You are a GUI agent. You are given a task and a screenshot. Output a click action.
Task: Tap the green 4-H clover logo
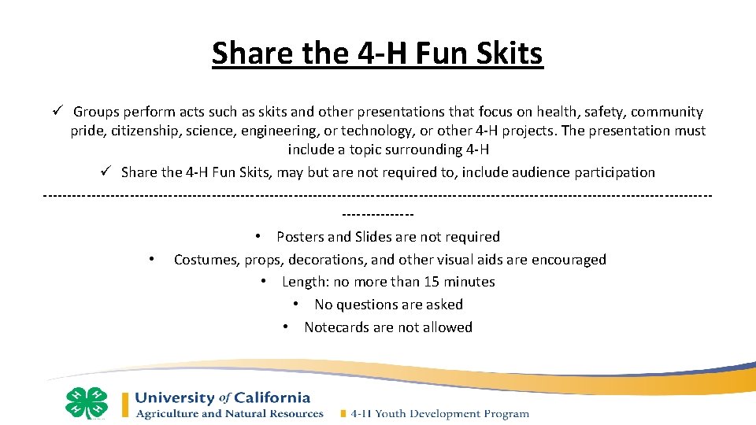pyautogui.click(x=86, y=403)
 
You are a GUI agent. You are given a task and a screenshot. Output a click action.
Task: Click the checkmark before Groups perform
pyautogui.click(x=57, y=113)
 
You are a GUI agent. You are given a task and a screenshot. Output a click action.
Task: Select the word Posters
pyautogui.click(x=302, y=237)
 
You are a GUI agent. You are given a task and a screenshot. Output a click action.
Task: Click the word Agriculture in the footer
pyautogui.click(x=170, y=413)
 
